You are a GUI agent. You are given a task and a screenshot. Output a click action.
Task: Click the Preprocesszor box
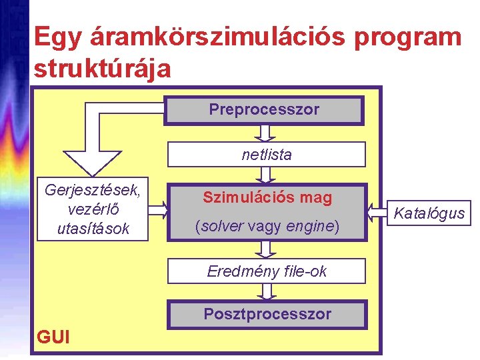264,110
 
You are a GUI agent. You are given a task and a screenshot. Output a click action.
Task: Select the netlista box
266,155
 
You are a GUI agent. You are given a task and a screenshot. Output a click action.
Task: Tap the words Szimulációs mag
267,197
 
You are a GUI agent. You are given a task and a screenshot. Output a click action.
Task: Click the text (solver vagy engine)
267,227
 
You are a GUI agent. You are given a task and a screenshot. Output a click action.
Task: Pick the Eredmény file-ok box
267,271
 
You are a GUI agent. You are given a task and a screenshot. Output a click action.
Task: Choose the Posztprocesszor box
267,314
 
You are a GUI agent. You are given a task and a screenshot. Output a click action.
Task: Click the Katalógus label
429,213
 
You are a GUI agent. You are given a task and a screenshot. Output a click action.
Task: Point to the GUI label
53,337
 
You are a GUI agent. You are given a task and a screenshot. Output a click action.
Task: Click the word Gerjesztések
92,189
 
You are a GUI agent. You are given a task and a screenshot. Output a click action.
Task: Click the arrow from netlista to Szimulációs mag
266,175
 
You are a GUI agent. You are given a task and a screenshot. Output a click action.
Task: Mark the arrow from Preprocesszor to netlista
266,133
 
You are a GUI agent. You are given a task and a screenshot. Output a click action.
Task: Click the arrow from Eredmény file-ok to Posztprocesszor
267,291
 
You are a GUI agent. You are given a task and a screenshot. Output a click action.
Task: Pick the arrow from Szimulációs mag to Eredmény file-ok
267,249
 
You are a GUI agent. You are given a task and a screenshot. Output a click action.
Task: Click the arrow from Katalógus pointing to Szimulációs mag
378,212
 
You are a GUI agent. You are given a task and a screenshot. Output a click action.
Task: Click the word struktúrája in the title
102,68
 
